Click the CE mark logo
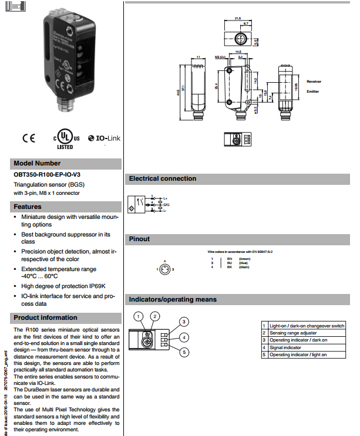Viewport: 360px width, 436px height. click(x=29, y=138)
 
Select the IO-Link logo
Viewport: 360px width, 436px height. click(x=104, y=138)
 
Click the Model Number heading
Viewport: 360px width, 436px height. click(x=36, y=163)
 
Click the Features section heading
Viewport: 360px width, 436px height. click(x=28, y=207)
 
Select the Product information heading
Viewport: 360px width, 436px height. click(x=45, y=317)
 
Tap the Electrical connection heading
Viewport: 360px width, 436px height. click(x=163, y=178)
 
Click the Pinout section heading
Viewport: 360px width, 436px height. click(x=139, y=239)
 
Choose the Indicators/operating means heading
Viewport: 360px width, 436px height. click(x=173, y=299)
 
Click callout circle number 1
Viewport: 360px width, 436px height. click(x=138, y=316)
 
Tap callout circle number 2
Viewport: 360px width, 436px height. click(x=154, y=316)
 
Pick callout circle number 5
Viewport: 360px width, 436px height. click(x=184, y=352)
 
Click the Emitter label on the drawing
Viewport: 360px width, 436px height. click(x=312, y=91)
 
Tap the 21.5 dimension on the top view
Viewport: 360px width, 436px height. click(x=238, y=18)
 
